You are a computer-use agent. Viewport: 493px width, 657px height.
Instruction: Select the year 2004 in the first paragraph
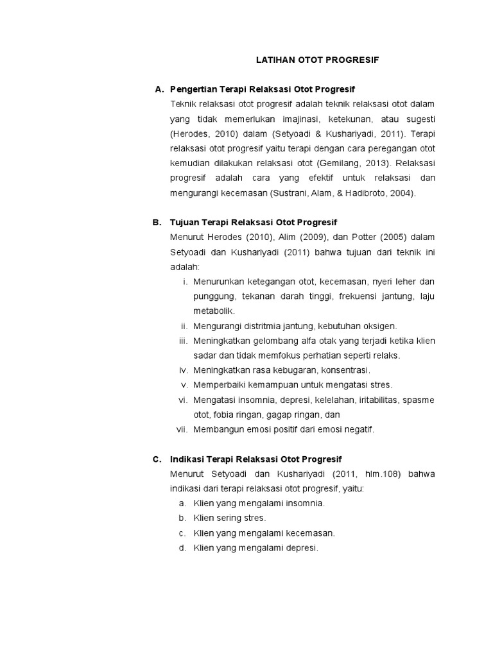click(403, 192)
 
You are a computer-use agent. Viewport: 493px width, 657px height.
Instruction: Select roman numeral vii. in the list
click(182, 430)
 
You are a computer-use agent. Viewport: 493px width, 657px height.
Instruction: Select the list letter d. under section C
click(183, 548)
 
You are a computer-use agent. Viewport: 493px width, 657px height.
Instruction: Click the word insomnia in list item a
click(303, 504)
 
